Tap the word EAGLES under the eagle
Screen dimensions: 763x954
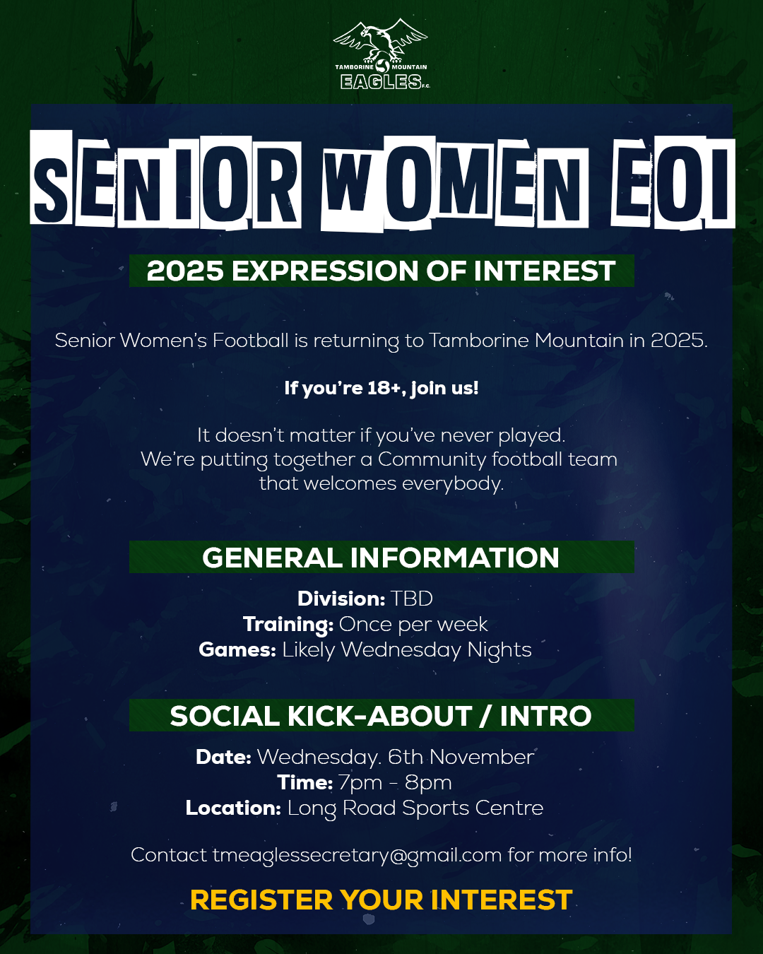point(381,81)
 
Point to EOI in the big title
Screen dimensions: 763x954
point(673,183)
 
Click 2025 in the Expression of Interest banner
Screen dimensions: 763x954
point(185,271)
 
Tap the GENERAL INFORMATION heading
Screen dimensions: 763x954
point(380,558)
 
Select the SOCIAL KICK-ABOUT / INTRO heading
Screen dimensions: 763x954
point(380,715)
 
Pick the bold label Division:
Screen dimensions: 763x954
point(341,599)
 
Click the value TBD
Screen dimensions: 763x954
point(411,599)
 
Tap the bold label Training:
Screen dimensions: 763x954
point(288,625)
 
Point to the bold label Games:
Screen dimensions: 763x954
point(237,650)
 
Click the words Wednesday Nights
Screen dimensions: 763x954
point(436,650)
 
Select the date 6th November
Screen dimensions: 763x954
point(461,757)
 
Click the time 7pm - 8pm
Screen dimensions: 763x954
point(395,783)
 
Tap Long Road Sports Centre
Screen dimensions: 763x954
point(415,808)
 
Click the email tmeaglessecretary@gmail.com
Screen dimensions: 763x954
point(357,855)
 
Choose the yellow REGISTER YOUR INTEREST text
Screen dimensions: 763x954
point(381,900)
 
